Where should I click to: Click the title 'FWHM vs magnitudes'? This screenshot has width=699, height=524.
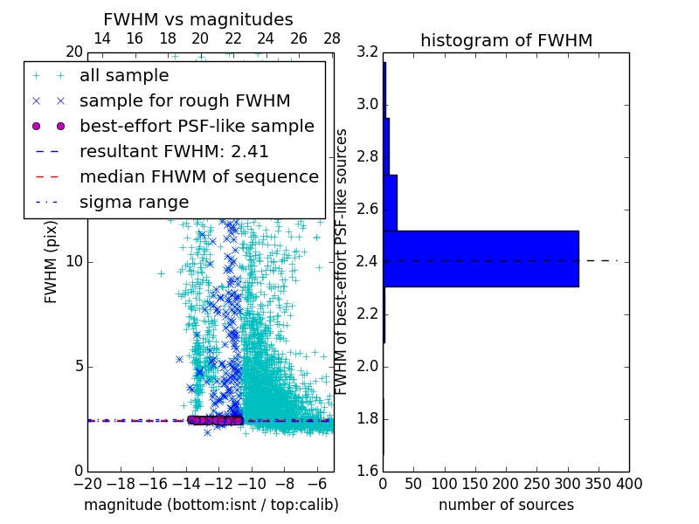coord(198,19)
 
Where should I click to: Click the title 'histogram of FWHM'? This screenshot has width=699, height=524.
coord(506,40)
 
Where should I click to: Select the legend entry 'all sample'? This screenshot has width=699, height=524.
coord(124,76)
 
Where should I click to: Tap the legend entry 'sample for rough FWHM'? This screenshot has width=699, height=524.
coord(184,101)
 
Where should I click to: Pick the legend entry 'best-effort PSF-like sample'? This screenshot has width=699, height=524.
coord(197,126)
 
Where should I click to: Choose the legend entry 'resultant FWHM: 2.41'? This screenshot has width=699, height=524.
coord(174,151)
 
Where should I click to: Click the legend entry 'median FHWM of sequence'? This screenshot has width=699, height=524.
coord(198,176)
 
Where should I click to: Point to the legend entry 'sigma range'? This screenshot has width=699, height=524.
coord(134,202)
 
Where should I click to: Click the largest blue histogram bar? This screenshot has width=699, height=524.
coord(481,259)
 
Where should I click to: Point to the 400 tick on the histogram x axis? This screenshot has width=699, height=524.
coord(628,484)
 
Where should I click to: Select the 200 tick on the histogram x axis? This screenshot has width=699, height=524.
coord(506,484)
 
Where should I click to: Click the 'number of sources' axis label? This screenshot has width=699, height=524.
coord(506,505)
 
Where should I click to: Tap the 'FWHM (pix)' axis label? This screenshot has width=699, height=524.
coord(52,262)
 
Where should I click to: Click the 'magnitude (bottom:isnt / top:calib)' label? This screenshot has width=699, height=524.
coord(211,505)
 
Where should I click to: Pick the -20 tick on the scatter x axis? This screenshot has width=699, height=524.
coord(87,484)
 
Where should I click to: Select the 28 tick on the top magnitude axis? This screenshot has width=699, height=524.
coord(332,38)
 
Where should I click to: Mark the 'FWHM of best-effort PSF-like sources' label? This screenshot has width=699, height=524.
coord(343,262)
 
